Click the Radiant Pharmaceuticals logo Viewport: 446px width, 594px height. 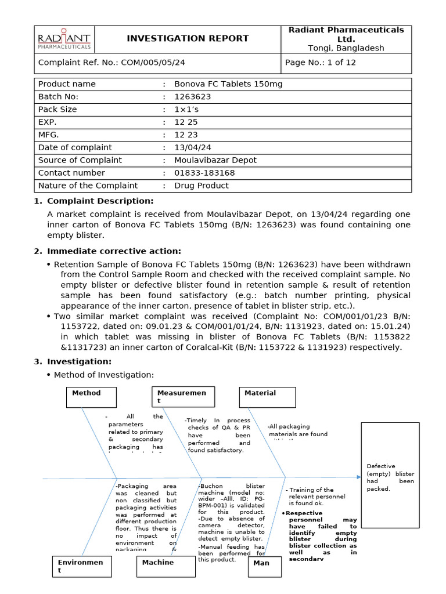coord(64,39)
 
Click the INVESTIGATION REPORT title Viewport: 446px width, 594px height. coord(188,39)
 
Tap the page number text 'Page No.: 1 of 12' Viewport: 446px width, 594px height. coord(321,63)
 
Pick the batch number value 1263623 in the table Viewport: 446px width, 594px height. coord(193,97)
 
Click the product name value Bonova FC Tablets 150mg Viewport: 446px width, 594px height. coord(228,84)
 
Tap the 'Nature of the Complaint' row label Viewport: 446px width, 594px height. coord(88,186)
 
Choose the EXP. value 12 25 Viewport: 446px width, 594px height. coord(186,122)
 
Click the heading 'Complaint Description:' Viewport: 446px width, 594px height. coord(100,201)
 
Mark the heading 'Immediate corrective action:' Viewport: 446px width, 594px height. coord(114,251)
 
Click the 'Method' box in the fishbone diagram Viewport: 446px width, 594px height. coord(91,397)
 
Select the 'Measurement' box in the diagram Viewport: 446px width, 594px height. coord(183,397)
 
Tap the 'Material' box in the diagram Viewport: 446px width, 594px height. coord(268,397)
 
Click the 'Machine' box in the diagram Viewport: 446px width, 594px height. coord(166,567)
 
